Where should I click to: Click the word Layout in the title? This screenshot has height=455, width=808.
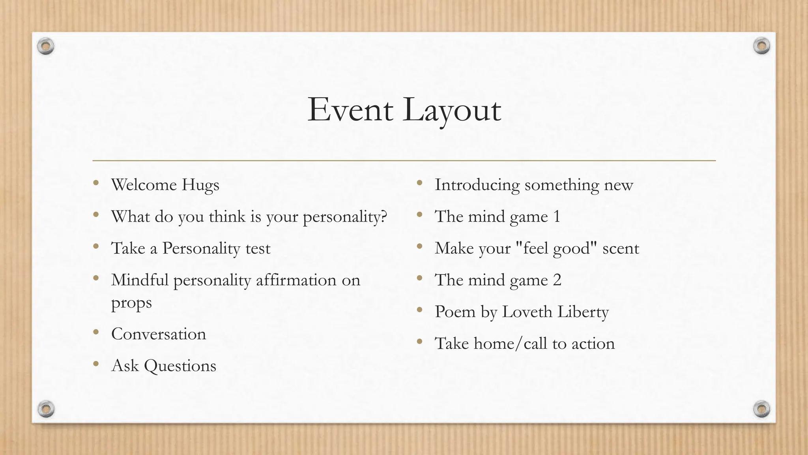(452, 111)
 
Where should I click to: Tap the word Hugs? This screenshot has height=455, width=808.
(200, 185)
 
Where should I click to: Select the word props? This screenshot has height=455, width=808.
(131, 303)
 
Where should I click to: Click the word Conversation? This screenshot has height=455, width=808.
(159, 334)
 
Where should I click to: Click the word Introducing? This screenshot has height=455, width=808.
(477, 185)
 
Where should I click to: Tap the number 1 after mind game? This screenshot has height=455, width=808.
(557, 216)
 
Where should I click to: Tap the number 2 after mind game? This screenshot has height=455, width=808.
(557, 280)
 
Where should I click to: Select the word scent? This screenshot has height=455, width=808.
(621, 248)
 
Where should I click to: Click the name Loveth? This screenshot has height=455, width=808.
(527, 312)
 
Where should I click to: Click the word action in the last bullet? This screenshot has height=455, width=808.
(593, 344)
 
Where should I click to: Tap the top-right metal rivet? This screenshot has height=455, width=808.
(761, 46)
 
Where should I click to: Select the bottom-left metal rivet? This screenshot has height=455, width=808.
(46, 409)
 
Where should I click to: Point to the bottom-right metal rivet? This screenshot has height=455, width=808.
(761, 409)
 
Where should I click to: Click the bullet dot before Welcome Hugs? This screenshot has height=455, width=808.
(96, 183)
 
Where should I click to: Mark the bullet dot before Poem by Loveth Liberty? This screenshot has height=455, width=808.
(419, 310)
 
